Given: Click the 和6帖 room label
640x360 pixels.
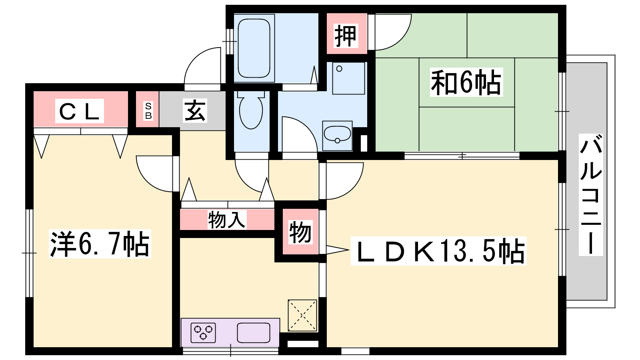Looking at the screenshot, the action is [466, 82].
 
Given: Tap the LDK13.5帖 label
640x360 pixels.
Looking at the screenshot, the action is [439, 251].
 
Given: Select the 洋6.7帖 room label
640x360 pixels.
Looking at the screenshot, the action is [100, 244].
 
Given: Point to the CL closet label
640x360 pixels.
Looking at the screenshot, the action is [80, 111].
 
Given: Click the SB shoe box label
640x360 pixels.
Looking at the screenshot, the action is [148, 110].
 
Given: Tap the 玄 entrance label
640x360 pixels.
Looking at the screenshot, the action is [195, 110].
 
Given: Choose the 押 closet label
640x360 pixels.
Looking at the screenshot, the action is [346, 36].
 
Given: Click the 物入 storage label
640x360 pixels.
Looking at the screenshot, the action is [227, 220].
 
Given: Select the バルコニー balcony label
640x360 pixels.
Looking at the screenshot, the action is [590, 195].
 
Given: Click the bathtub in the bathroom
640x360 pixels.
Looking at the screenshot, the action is [254, 48].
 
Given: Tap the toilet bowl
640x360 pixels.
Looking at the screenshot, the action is [251, 110].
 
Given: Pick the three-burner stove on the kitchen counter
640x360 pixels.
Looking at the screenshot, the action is [203, 332].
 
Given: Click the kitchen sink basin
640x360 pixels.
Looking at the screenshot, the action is [254, 332].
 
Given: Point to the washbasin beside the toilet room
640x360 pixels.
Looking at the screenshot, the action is [338, 136].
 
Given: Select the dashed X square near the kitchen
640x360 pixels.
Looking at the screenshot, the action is [302, 316].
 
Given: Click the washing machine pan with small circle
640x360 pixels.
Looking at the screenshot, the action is [348, 78].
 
